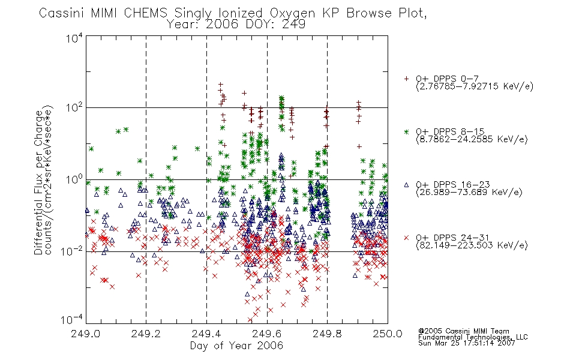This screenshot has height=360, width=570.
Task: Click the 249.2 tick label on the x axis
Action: pos(146,334)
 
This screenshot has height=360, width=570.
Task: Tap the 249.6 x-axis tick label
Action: pos(266,334)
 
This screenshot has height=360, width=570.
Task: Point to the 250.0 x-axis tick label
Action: pos(388,334)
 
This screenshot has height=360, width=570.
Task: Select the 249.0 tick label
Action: pos(85,334)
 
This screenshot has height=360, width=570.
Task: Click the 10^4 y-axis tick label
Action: pos(75,38)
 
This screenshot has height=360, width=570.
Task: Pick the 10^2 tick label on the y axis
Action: pos(75,107)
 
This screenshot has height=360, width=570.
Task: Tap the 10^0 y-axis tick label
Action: pos(75,179)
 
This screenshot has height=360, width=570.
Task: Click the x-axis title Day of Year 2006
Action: pos(236,346)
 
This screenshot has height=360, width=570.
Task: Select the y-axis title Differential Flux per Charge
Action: pos(38,181)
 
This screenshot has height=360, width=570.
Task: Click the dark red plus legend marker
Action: pos(406,79)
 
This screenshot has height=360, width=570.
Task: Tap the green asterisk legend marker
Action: pos(406,131)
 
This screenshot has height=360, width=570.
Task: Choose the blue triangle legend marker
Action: pos(406,185)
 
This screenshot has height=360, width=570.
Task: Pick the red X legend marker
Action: pos(406,238)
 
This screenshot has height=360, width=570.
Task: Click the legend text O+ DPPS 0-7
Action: pos(447,79)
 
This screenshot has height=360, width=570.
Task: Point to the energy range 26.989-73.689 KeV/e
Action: pos(469,193)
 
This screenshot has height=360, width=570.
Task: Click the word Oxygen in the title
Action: pos(293,13)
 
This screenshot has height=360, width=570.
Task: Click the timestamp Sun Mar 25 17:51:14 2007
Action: pos(466,343)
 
